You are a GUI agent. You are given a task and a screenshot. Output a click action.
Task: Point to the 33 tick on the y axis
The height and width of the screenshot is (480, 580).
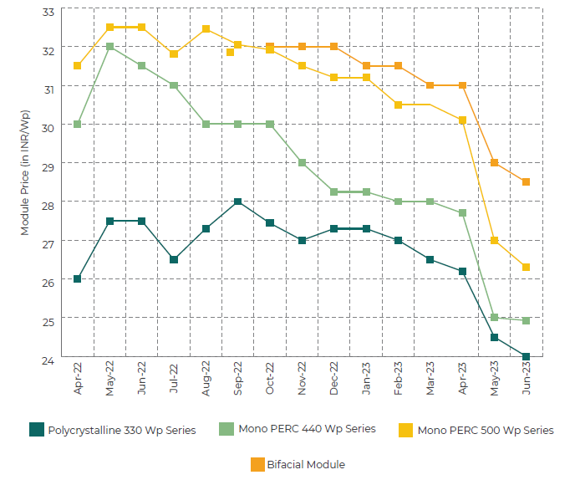[48, 11]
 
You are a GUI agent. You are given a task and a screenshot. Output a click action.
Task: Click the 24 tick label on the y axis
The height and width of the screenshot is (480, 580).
[48, 360]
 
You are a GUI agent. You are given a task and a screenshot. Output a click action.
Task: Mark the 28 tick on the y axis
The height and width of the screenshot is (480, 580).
[48, 205]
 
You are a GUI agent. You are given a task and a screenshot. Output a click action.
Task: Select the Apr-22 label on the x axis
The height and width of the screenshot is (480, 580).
[78, 380]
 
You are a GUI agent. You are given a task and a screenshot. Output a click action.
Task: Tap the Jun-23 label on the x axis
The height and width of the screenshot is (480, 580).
[526, 380]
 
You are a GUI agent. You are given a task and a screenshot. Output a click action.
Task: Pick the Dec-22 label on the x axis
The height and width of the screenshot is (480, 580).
[333, 380]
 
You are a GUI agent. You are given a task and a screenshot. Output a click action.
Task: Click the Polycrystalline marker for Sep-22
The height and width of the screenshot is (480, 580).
[237, 202]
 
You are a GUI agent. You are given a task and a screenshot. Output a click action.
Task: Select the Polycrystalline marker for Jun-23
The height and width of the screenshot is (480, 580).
[526, 357]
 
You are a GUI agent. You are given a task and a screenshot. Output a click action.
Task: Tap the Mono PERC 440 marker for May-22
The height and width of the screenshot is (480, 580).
[109, 47]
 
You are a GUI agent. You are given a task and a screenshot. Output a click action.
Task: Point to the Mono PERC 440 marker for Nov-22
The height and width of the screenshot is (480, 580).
[302, 163]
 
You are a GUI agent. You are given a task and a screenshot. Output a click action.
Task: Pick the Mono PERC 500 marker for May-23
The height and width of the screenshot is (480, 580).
[494, 240]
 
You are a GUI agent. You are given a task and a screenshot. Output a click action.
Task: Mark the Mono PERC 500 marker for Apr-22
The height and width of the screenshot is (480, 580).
[78, 65]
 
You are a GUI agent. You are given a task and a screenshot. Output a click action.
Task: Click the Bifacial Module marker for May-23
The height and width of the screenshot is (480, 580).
[494, 163]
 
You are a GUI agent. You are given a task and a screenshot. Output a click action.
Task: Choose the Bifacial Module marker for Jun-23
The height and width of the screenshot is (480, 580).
[526, 181]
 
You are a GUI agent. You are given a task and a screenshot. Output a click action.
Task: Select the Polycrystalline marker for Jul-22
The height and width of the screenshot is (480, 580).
[174, 259]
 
